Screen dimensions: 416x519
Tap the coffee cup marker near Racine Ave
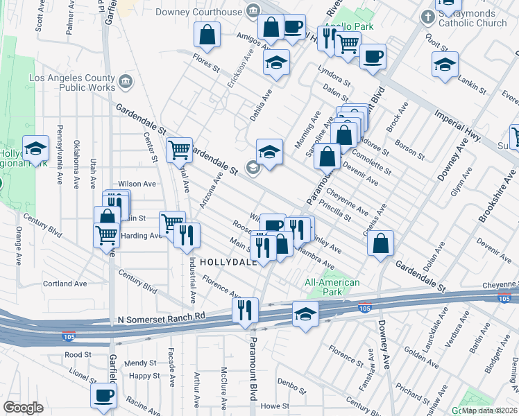pyautogui.click(x=104, y=395)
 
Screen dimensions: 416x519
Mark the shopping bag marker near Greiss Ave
pyautogui.click(x=380, y=243)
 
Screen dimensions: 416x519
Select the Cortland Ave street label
pyautogui.click(x=65, y=284)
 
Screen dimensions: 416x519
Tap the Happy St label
pyautogui.click(x=144, y=376)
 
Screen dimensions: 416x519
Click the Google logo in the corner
pyautogui.click(x=23, y=408)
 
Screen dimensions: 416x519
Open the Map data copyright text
pyautogui.click(x=490, y=410)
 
